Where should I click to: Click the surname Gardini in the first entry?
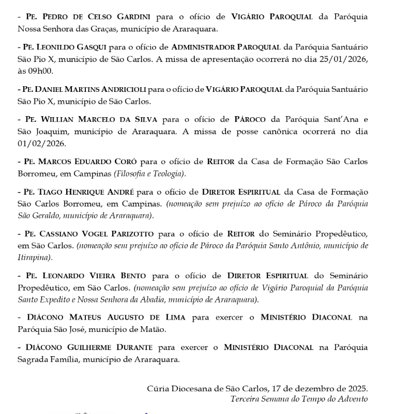(125, 17)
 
